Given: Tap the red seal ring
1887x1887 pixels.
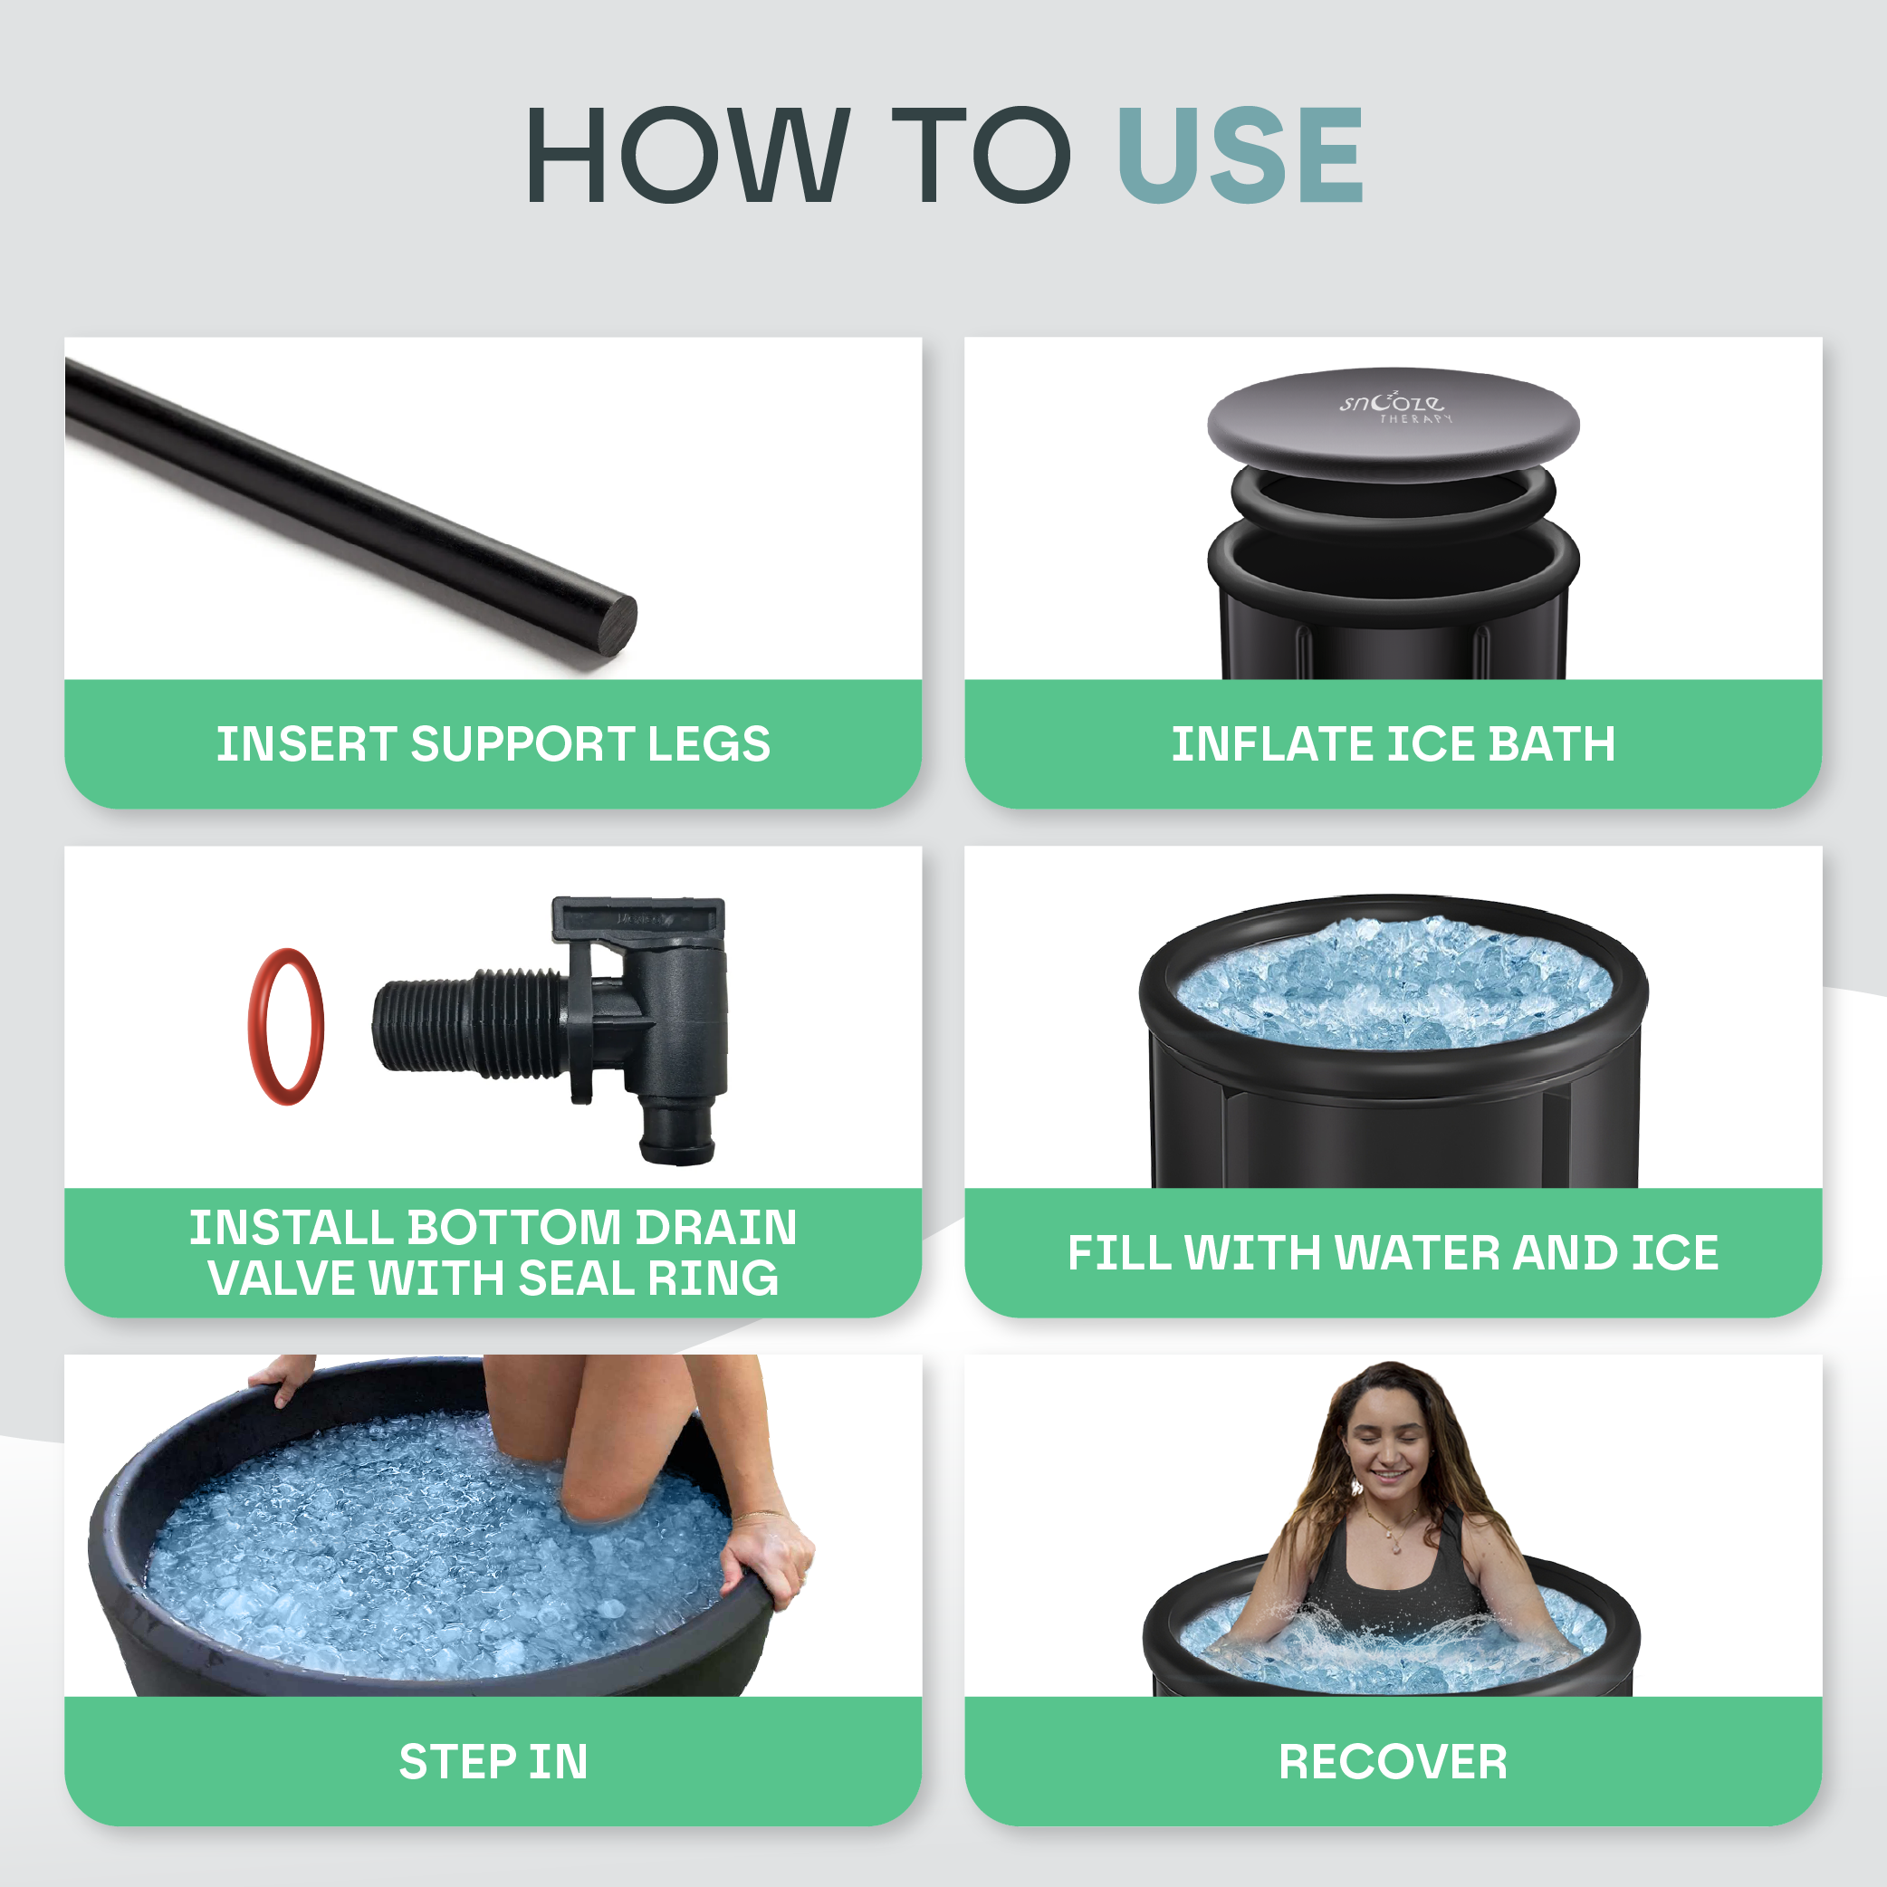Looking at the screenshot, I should [285, 1027].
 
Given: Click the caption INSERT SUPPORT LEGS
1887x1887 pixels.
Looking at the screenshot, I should [493, 744].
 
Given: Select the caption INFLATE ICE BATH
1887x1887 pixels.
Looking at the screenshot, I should [1393, 744].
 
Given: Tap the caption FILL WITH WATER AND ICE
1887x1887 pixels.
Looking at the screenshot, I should [1393, 1253].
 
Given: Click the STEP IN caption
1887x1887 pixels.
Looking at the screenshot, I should [493, 1762].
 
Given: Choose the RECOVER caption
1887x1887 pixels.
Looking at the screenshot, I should [1393, 1762].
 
